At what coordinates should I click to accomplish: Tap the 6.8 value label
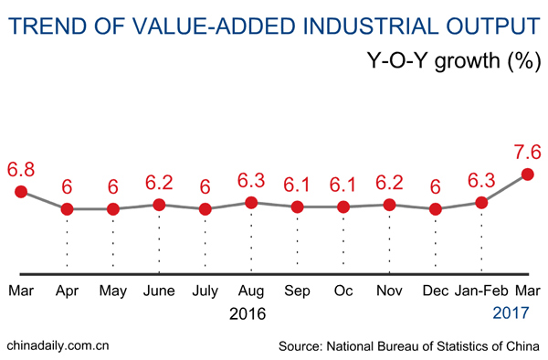point(21,169)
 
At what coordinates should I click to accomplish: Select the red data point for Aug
point(251,202)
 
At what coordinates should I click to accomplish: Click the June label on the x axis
point(159,291)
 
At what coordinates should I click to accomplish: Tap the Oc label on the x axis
point(343,291)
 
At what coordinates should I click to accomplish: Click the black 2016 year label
point(248,314)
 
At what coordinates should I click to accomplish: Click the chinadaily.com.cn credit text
point(58,344)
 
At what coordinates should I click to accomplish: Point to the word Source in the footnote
point(302,344)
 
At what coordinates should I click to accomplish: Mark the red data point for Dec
point(436,209)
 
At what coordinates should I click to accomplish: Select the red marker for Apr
point(67,209)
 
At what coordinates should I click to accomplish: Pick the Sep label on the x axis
point(297,291)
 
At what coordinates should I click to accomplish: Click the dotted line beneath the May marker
point(112,242)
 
